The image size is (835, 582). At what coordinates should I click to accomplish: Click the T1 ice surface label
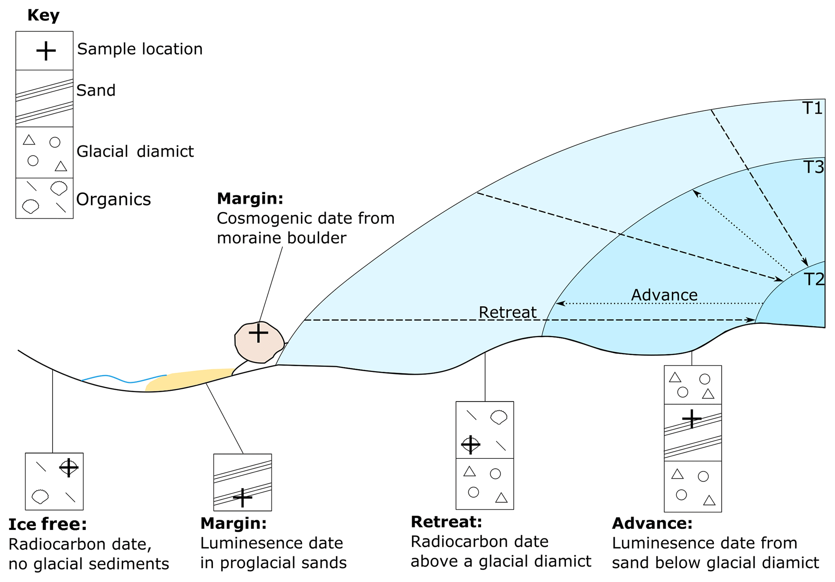(x=812, y=108)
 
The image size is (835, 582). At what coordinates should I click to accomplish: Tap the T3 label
(x=813, y=167)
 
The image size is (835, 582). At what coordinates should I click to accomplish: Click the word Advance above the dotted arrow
(x=664, y=295)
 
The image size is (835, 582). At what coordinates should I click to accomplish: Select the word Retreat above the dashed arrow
(x=507, y=312)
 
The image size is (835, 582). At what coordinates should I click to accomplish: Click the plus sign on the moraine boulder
(x=259, y=333)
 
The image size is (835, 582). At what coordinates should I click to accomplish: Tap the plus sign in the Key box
(x=46, y=51)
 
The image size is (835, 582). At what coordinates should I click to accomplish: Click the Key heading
(x=43, y=15)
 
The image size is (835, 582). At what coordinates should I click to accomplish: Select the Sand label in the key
(x=96, y=90)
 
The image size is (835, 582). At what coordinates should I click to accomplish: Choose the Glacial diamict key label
(x=135, y=151)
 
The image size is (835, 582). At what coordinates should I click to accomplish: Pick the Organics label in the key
(x=114, y=199)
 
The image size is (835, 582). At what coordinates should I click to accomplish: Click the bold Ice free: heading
(x=48, y=524)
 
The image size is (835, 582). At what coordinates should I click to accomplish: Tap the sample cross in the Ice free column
(x=69, y=468)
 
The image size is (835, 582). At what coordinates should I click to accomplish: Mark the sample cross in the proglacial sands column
(x=242, y=498)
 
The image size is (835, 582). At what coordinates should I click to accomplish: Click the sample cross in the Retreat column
(x=471, y=445)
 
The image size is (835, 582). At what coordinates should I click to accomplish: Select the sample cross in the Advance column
(x=692, y=419)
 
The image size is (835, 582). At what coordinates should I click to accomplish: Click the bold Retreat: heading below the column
(x=446, y=522)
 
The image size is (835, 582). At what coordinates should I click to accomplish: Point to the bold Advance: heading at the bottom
(x=652, y=523)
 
